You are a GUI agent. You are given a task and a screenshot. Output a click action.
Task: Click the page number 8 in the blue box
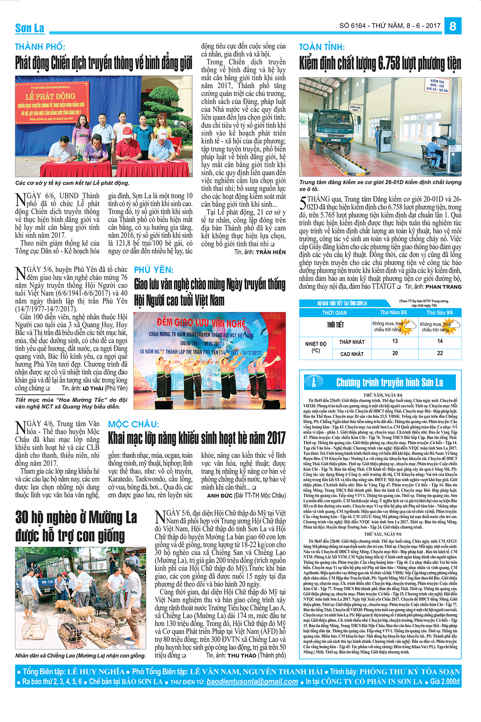(453, 26)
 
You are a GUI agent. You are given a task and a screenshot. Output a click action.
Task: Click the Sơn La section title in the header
(30, 28)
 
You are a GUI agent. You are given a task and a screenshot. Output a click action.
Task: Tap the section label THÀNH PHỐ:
(40, 47)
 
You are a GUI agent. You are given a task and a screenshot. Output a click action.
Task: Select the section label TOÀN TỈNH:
(322, 47)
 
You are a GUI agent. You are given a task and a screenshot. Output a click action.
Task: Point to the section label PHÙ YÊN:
(154, 270)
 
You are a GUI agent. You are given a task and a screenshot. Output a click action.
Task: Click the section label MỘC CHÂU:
(133, 424)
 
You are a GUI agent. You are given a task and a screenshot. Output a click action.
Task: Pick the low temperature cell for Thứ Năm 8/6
(394, 341)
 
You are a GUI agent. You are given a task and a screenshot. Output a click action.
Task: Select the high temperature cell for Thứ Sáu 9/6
(440, 353)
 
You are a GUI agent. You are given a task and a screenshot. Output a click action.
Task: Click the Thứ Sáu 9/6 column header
(439, 312)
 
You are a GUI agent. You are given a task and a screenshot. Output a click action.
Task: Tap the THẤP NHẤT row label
(352, 342)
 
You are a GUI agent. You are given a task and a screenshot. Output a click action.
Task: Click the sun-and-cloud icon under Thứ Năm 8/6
(408, 324)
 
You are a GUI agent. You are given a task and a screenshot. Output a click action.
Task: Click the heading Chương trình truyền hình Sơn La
(389, 382)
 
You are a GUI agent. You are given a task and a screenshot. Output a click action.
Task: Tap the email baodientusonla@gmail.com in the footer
(252, 681)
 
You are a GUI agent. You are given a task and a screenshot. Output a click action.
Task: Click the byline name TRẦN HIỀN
(271, 252)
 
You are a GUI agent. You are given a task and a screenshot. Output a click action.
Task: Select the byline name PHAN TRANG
(443, 287)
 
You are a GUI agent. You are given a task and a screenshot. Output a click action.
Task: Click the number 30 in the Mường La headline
(24, 517)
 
